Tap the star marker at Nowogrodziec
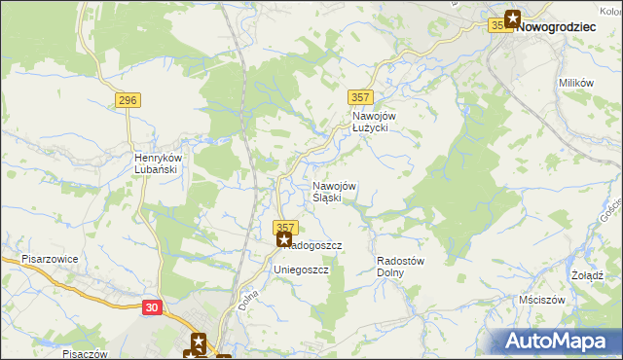point(512,18)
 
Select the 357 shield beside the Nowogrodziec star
point(498,26)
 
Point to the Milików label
point(576,84)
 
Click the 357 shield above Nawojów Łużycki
point(359,96)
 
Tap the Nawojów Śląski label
point(334,192)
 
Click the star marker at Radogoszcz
point(284,238)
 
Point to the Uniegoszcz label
point(302,269)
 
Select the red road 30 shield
point(151,306)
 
